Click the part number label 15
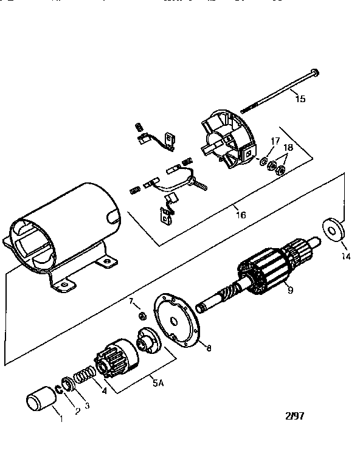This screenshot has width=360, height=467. pos(300,98)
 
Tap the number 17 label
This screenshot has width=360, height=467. pos(275,141)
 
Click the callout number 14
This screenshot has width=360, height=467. pos(346,257)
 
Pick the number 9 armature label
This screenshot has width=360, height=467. pos(290,291)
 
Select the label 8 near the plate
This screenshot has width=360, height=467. pos(209,349)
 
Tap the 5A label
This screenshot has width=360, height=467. pos(157,384)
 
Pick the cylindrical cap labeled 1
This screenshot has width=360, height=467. pos(41,402)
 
